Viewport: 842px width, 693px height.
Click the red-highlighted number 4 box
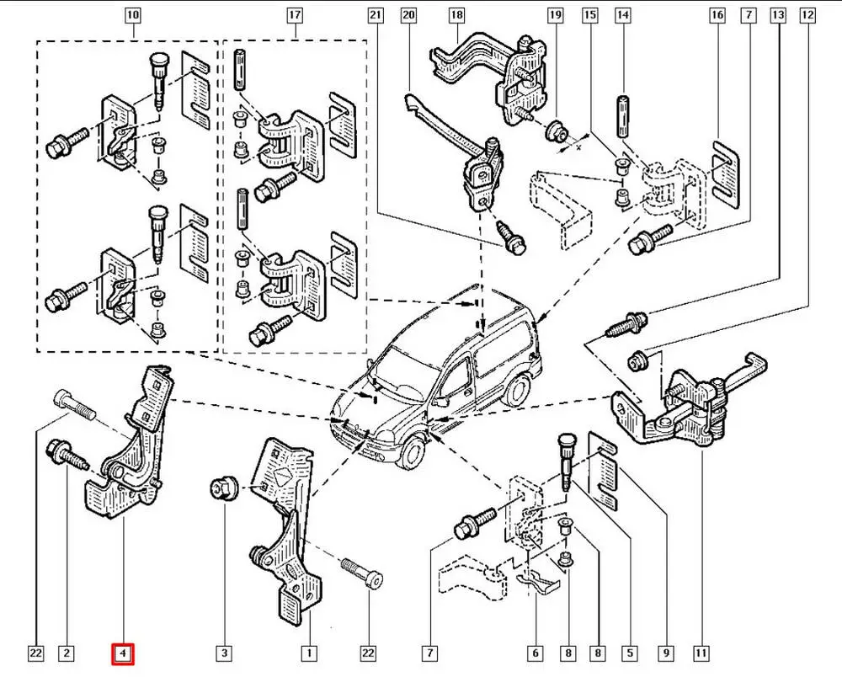coord(123,653)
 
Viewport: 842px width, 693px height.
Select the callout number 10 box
coord(133,16)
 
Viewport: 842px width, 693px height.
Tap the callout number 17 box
coord(294,16)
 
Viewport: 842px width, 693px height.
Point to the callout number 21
coord(376,16)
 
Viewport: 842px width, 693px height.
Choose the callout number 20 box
coord(408,16)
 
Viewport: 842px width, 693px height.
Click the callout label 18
coord(456,16)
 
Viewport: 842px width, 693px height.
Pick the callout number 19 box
coord(555,16)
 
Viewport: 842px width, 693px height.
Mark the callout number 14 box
coord(623,16)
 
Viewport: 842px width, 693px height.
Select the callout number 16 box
coord(717,16)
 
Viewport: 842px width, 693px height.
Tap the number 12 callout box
coord(807,16)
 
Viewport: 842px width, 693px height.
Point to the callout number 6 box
coord(534,653)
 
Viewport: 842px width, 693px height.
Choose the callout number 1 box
coord(309,653)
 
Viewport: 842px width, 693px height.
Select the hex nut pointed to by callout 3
coord(223,487)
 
